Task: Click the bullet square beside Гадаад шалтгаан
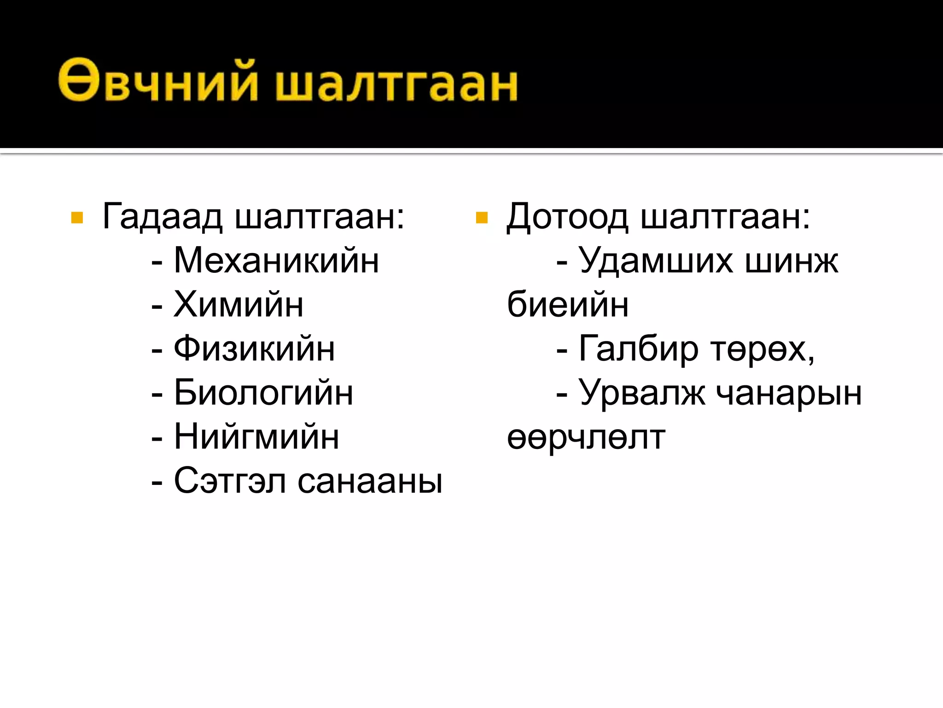click(x=77, y=218)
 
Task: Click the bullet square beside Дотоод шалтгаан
click(x=481, y=218)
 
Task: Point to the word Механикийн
click(x=276, y=260)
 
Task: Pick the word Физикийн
click(x=254, y=348)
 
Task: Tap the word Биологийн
click(x=263, y=393)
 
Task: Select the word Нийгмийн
click(x=256, y=437)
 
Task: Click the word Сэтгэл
click(x=230, y=481)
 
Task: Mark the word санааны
click(x=370, y=481)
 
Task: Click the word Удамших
click(x=656, y=260)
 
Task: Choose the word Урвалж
click(x=642, y=393)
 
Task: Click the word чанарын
click(x=789, y=394)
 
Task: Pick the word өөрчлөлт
click(x=586, y=437)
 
